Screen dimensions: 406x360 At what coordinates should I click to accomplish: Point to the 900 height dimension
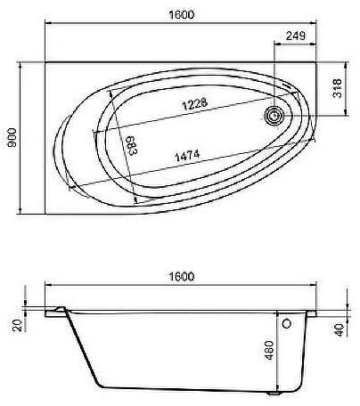pyautogui.click(x=11, y=137)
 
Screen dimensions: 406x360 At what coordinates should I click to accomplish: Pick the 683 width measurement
pyautogui.click(x=131, y=146)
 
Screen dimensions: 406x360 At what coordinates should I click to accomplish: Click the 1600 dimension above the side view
pyautogui.click(x=181, y=277)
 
